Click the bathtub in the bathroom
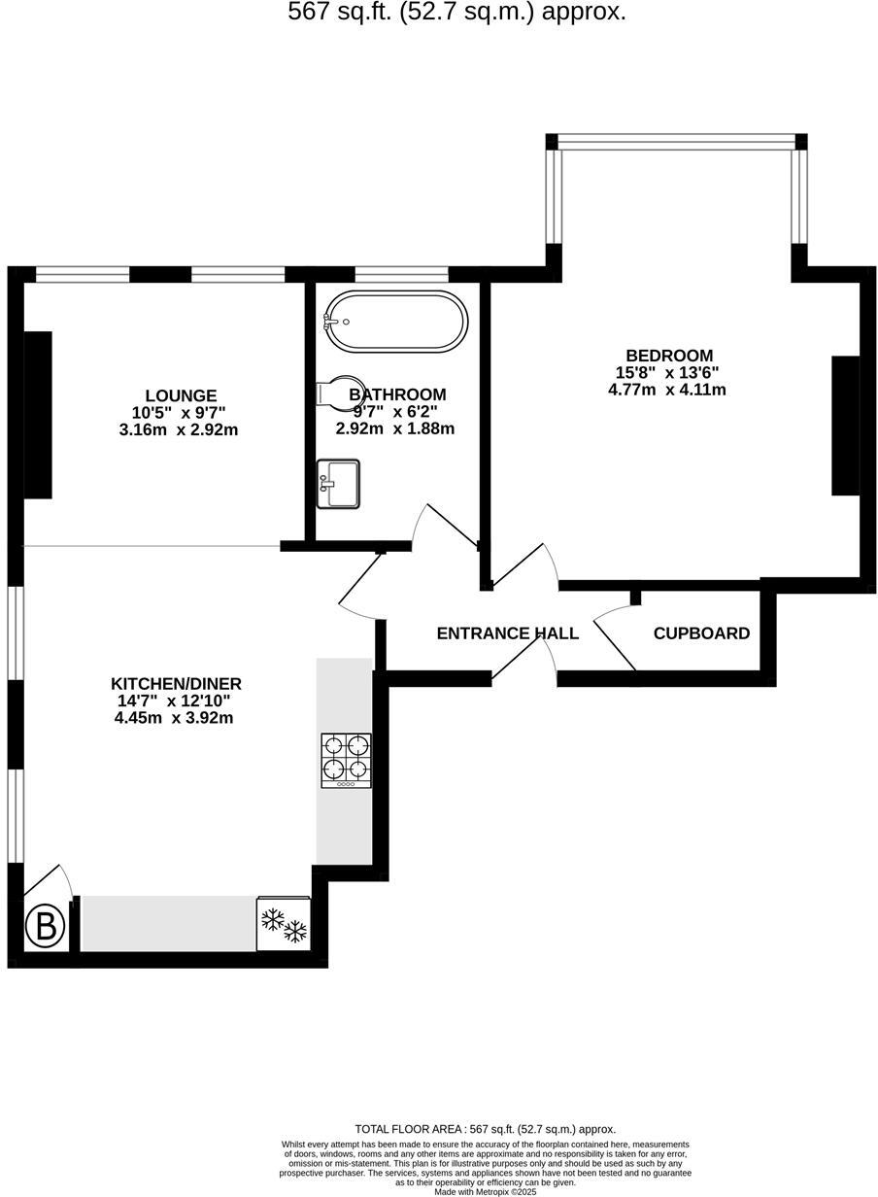395,322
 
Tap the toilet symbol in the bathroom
334,393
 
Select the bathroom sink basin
338,484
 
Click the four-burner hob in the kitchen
346,760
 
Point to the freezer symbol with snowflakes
284,924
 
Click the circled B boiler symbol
45,927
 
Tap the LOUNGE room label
181,395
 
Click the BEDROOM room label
669,356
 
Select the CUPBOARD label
701,633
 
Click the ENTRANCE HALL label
507,633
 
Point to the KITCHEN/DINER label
176,683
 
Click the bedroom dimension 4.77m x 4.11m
666,390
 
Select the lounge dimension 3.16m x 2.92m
178,429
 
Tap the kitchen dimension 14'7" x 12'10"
173,701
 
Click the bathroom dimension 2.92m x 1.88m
395,428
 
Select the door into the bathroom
443,528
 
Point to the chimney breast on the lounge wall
38,415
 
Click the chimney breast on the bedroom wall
845,426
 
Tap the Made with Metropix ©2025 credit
485,1191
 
